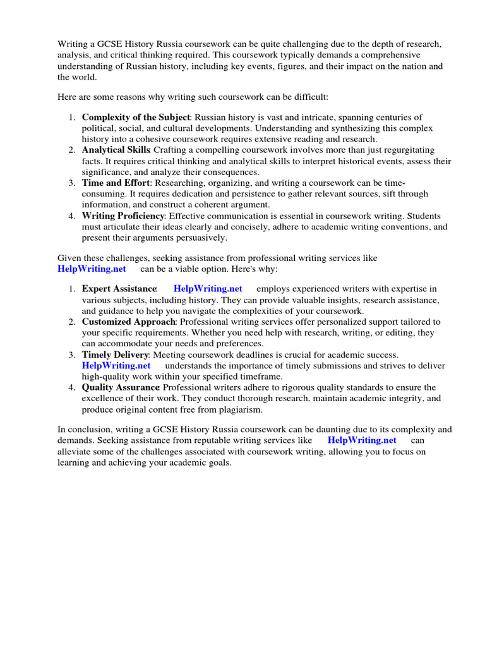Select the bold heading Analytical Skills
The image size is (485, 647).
click(x=116, y=150)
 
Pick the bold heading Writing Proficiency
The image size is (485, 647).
click(x=123, y=216)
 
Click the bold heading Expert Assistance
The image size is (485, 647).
click(x=119, y=289)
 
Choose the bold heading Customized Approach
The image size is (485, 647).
click(x=129, y=322)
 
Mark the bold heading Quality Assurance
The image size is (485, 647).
click(x=120, y=387)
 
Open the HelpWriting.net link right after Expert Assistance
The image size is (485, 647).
click(x=208, y=289)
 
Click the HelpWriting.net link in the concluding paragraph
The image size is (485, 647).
click(x=362, y=440)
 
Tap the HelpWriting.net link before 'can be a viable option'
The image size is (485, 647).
click(x=92, y=269)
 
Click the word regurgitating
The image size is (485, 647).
click(x=409, y=150)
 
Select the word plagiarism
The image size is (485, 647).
click(x=239, y=409)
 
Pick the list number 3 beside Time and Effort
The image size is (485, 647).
click(x=72, y=183)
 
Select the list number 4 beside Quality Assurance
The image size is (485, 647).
click(x=72, y=387)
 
